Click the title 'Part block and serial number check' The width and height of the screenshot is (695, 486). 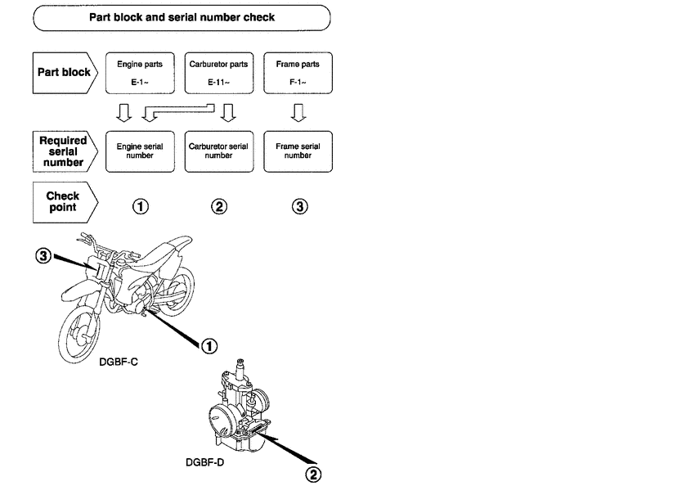coord(182,16)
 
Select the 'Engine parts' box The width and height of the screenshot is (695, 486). coord(140,73)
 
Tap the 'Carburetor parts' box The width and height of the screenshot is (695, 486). coord(219,73)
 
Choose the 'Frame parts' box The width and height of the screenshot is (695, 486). coord(298,73)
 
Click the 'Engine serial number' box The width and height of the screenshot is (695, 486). coord(140,151)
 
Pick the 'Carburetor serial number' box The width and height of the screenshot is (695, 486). coord(219,151)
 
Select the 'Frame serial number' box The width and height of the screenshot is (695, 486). coord(298,151)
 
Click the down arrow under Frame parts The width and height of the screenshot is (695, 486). coord(299,110)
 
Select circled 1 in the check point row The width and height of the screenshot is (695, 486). coord(141,207)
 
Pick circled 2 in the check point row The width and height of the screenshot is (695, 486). coord(219,207)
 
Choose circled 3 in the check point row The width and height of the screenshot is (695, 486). coord(300,207)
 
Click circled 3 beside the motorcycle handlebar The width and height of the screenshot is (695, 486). coord(43,256)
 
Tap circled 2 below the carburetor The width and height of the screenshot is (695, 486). coord(314,473)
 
